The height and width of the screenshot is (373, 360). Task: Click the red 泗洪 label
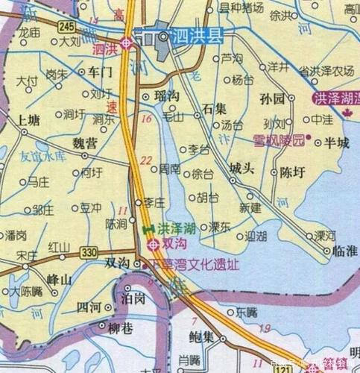point(105,50)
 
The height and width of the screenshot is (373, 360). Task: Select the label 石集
point(215,109)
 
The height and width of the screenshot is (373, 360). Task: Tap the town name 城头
point(241,169)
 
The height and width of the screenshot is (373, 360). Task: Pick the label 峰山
point(59,278)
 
